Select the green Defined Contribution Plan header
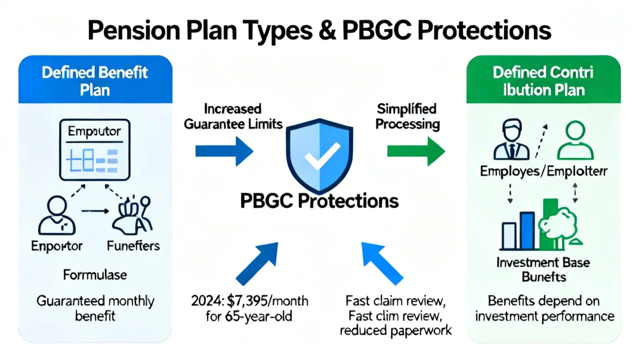tap(543, 80)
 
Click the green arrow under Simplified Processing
tap(415, 151)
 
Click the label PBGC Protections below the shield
tap(319, 201)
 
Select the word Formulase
tap(95, 275)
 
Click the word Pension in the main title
tap(128, 30)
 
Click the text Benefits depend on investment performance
tap(544, 308)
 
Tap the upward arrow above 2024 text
tap(257, 262)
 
